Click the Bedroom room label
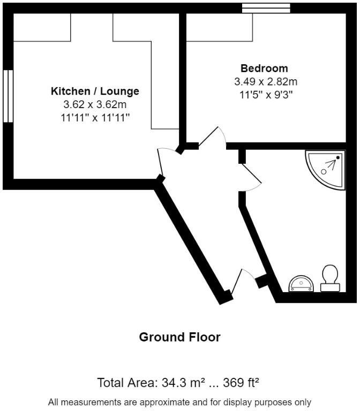click(x=264, y=68)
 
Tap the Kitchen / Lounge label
click(x=95, y=91)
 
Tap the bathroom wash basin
click(x=301, y=284)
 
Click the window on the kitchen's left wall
click(x=7, y=96)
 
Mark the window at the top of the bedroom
click(x=266, y=7)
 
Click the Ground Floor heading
click(x=179, y=337)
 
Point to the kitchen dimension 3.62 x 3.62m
click(x=95, y=105)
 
